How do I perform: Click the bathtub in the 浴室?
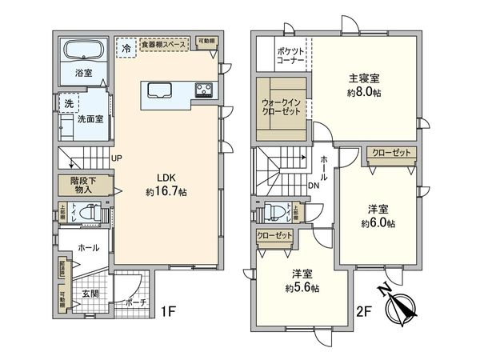click(x=83, y=54)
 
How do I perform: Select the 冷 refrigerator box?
click(x=126, y=48)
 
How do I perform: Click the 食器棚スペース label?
click(x=164, y=46)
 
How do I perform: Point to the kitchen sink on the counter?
click(x=157, y=89)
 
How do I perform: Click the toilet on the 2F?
click(x=276, y=212)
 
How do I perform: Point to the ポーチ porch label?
click(x=135, y=304)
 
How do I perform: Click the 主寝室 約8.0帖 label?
click(x=363, y=85)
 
